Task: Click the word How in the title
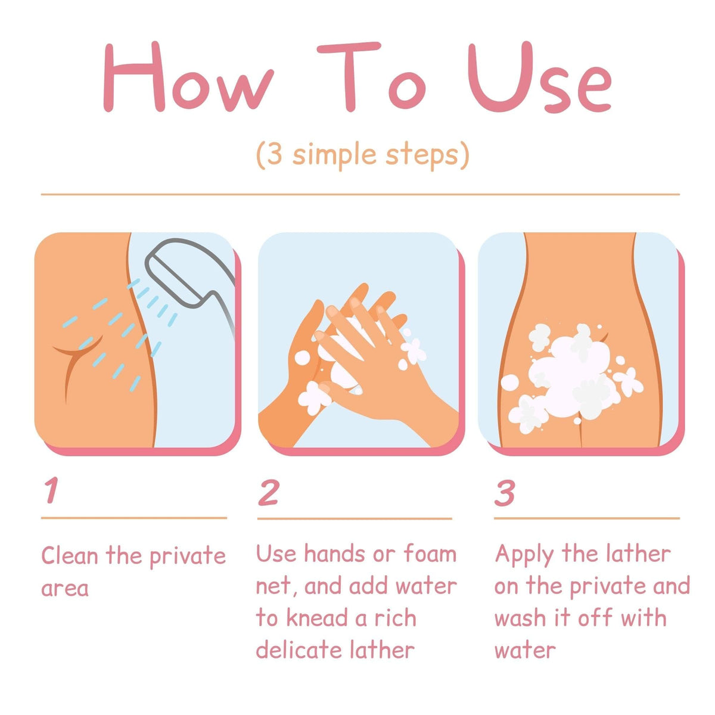tap(188, 76)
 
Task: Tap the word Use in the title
tap(539, 77)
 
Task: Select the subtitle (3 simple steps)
tap(362, 155)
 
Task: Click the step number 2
tap(268, 492)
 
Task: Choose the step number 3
tap(505, 493)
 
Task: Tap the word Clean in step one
tap(70, 555)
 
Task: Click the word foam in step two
tap(430, 553)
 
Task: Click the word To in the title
tap(372, 76)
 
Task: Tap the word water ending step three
tap(525, 652)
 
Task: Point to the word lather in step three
tap(638, 554)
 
